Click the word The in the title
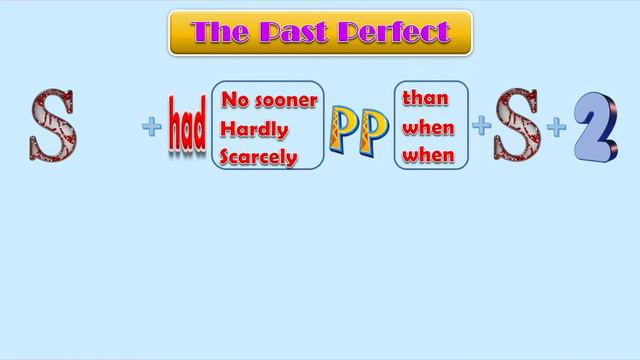(x=218, y=32)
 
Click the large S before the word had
(x=51, y=125)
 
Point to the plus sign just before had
(x=152, y=127)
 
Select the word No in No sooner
(x=234, y=100)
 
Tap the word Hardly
(x=255, y=129)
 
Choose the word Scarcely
(x=260, y=157)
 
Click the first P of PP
(x=344, y=128)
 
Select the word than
(x=425, y=99)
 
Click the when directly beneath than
(x=428, y=128)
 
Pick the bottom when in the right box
(x=428, y=156)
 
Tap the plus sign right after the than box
(x=481, y=126)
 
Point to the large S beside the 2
(x=516, y=127)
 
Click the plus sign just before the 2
(x=556, y=127)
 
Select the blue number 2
(x=595, y=126)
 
